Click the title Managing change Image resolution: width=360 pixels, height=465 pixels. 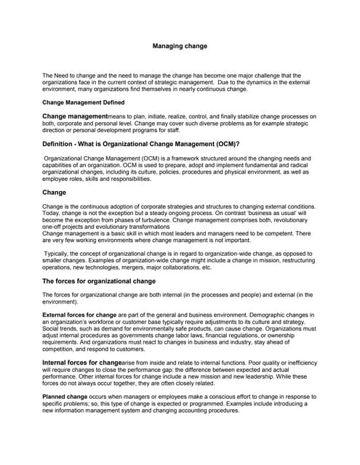click(x=180, y=46)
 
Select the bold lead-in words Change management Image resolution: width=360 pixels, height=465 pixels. click(x=75, y=116)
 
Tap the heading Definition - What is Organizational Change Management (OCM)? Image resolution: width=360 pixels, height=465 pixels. click(x=141, y=145)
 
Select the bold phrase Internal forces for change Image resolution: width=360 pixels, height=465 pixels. click(x=81, y=361)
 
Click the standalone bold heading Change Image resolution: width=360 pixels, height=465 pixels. click(x=55, y=193)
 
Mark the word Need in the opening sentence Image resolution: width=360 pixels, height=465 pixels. click(x=63, y=75)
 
